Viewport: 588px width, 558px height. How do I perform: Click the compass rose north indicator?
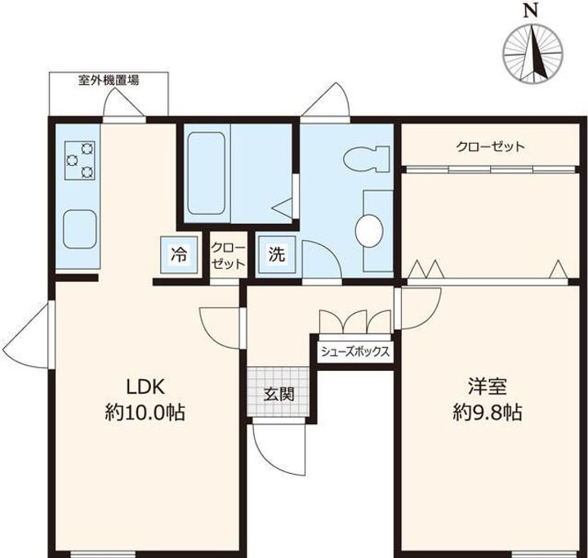pyautogui.click(x=532, y=53)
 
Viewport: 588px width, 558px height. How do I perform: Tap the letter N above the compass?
pyautogui.click(x=531, y=10)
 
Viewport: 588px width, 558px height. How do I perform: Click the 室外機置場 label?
pyautogui.click(x=109, y=80)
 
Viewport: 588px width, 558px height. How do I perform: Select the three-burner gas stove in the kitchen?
pyautogui.click(x=79, y=160)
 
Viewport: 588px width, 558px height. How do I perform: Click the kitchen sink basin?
pyautogui.click(x=80, y=229)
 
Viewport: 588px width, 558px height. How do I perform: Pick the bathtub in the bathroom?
pyautogui.click(x=206, y=173)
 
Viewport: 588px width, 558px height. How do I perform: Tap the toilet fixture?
pyautogui.click(x=366, y=158)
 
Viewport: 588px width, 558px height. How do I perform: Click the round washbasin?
pyautogui.click(x=369, y=230)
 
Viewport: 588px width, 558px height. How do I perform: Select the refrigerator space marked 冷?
pyautogui.click(x=179, y=255)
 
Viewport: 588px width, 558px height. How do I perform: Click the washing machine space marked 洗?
pyautogui.click(x=277, y=255)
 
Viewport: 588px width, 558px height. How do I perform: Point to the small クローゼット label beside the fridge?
pyautogui.click(x=228, y=256)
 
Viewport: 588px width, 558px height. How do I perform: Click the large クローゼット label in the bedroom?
pyautogui.click(x=490, y=146)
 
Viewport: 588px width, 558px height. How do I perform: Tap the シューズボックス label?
pyautogui.click(x=355, y=351)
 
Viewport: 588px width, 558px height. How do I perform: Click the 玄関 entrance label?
pyautogui.click(x=278, y=395)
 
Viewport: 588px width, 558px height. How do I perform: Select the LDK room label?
pyautogui.click(x=145, y=386)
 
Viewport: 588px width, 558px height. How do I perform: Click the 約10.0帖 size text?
pyautogui.click(x=145, y=413)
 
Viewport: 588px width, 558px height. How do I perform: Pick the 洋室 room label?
pyautogui.click(x=488, y=386)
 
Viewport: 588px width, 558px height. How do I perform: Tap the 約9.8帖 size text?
pyautogui.click(x=488, y=413)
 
